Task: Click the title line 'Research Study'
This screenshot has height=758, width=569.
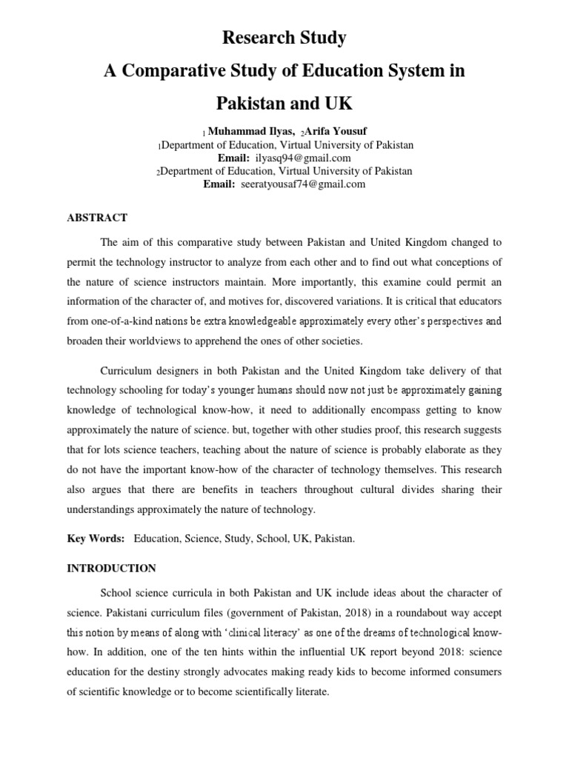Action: [x=285, y=37]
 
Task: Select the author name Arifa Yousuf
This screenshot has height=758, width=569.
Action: [x=336, y=131]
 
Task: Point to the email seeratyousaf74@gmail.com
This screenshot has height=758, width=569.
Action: [x=303, y=184]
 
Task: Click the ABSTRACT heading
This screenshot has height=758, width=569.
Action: [x=97, y=218]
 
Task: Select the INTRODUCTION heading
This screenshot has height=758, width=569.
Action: [x=111, y=568]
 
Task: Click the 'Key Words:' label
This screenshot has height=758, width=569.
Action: [x=96, y=539]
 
